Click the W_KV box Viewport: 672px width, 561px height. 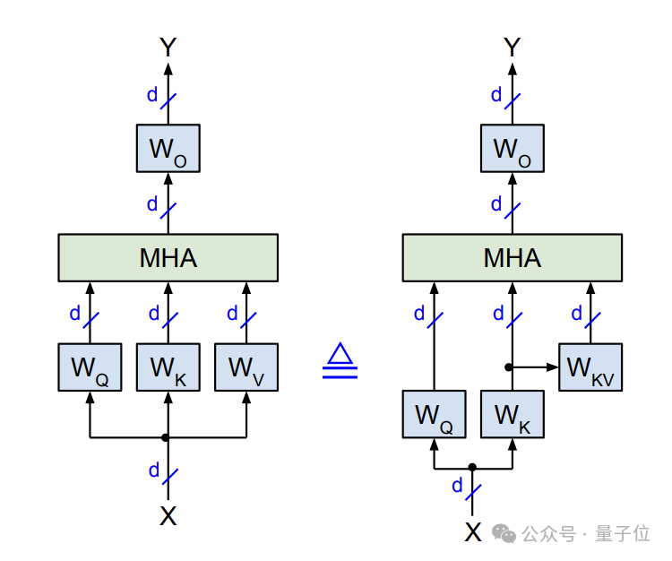590,367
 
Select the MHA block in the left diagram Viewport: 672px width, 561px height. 168,258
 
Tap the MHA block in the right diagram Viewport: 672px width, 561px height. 513,258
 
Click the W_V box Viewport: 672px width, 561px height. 246,367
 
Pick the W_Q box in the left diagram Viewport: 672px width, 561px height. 90,367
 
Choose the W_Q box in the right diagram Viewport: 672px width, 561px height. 434,414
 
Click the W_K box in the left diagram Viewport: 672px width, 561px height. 168,367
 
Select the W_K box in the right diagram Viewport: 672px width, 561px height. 513,414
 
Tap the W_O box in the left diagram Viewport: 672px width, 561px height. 168,149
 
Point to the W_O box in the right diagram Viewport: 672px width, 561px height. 513,149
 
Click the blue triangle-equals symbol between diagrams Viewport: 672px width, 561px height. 340,362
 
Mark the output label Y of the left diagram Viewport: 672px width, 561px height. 168,47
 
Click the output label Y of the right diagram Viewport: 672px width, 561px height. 513,47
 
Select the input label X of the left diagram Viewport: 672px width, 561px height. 168,515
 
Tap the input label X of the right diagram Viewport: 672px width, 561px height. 473,532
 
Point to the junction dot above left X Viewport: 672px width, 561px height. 166,437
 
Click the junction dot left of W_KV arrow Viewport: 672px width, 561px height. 509,367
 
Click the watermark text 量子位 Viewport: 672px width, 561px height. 622,533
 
